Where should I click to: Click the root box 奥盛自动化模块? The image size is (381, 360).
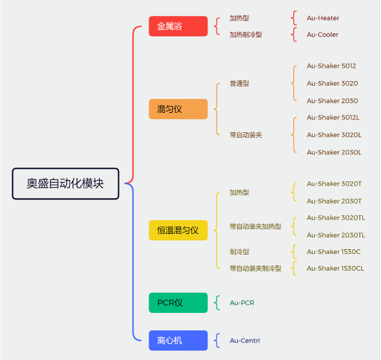click(66, 183)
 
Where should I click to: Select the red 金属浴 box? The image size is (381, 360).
click(178, 26)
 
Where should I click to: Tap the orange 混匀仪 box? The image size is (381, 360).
click(178, 109)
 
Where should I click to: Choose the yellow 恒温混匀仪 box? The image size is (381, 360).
click(178, 230)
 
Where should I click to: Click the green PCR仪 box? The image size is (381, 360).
click(178, 303)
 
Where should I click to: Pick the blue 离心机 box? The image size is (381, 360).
click(178, 341)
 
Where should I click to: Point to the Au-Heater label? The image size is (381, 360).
click(323, 18)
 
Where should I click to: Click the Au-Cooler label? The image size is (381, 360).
click(322, 35)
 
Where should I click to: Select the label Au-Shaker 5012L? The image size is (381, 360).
click(333, 118)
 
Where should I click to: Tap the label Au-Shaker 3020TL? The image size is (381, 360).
click(336, 217)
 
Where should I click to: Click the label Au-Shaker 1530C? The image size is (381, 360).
click(333, 252)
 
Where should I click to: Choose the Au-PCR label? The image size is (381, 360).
click(242, 303)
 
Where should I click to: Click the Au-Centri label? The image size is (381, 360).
click(245, 341)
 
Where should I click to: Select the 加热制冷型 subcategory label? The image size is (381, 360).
click(245, 35)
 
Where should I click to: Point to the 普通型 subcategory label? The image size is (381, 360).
click(239, 84)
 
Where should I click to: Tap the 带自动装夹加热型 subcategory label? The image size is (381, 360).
click(255, 226)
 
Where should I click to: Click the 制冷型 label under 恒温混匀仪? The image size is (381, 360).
click(239, 252)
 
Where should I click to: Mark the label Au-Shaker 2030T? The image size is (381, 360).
click(334, 201)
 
